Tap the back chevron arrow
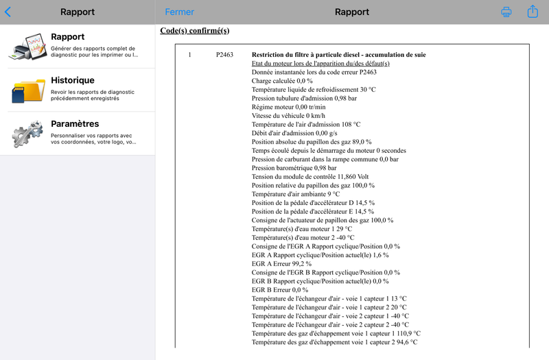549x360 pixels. point(8,12)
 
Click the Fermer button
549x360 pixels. point(179,12)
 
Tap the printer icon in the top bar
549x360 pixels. point(506,12)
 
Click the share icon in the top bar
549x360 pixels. point(533,12)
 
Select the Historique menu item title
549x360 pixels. point(73,80)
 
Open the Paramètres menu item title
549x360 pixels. point(75,124)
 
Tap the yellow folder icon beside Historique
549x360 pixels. point(27,91)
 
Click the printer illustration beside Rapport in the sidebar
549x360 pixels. point(27,47)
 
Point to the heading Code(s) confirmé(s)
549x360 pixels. point(194,31)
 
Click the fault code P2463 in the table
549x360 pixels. point(224,54)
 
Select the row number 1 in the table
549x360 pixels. point(190,54)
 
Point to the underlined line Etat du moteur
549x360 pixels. point(320,63)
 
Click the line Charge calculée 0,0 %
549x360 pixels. point(282,81)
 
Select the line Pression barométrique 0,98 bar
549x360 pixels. point(294,168)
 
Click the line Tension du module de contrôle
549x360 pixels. point(309,176)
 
